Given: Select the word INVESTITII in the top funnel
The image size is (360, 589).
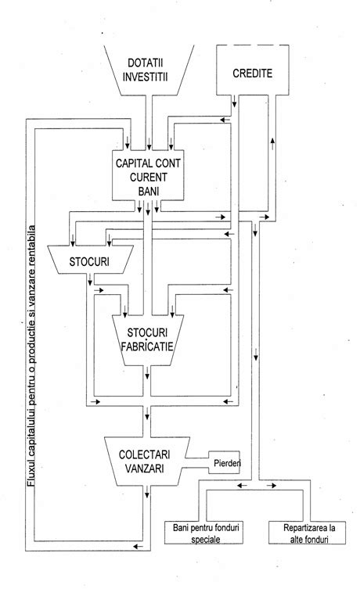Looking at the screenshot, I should tap(149, 78).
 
